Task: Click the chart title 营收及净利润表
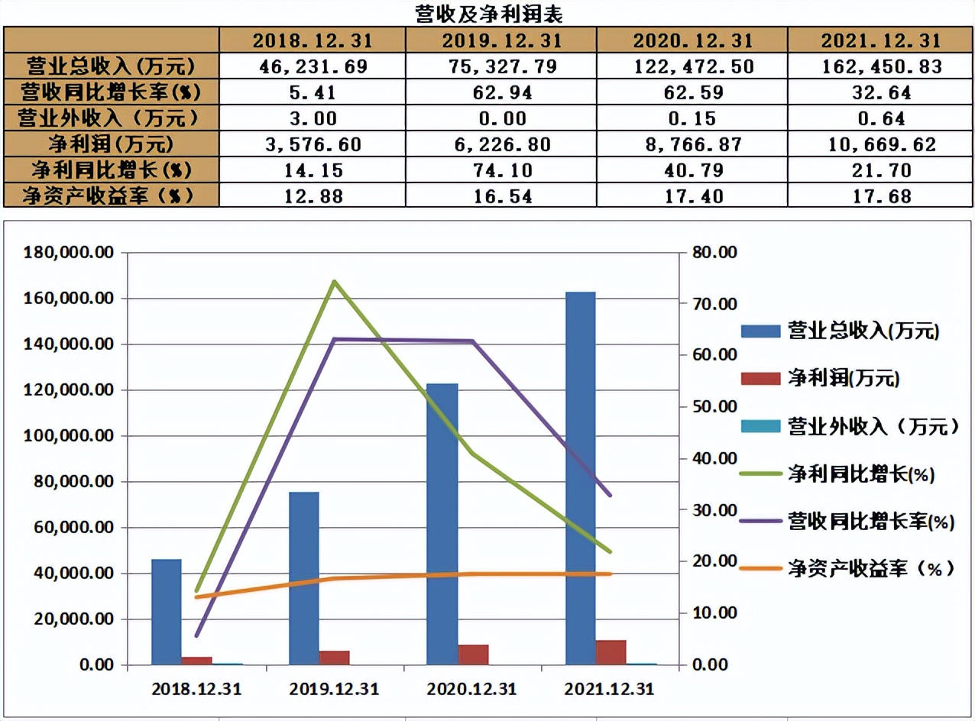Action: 487,13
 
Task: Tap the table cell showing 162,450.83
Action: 881,66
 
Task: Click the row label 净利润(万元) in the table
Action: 111,144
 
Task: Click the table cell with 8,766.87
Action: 692,144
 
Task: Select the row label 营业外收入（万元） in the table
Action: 111,118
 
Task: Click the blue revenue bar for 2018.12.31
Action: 167,611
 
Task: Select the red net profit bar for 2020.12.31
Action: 473,655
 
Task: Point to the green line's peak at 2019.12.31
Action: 335,281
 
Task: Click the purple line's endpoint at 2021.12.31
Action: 611,496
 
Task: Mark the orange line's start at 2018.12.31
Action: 196,597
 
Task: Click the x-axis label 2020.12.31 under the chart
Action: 472,689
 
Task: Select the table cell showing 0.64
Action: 881,118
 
